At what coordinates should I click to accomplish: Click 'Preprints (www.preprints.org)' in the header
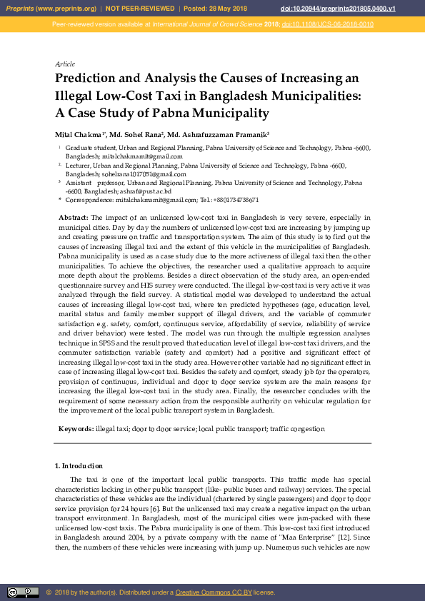(51, 8)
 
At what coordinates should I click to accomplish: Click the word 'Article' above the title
(65, 64)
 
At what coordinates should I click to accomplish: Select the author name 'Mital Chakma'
(79, 134)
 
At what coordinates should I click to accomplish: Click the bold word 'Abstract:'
(73, 216)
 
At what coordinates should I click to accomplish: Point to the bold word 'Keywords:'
(76, 429)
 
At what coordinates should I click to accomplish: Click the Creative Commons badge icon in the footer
(23, 592)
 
